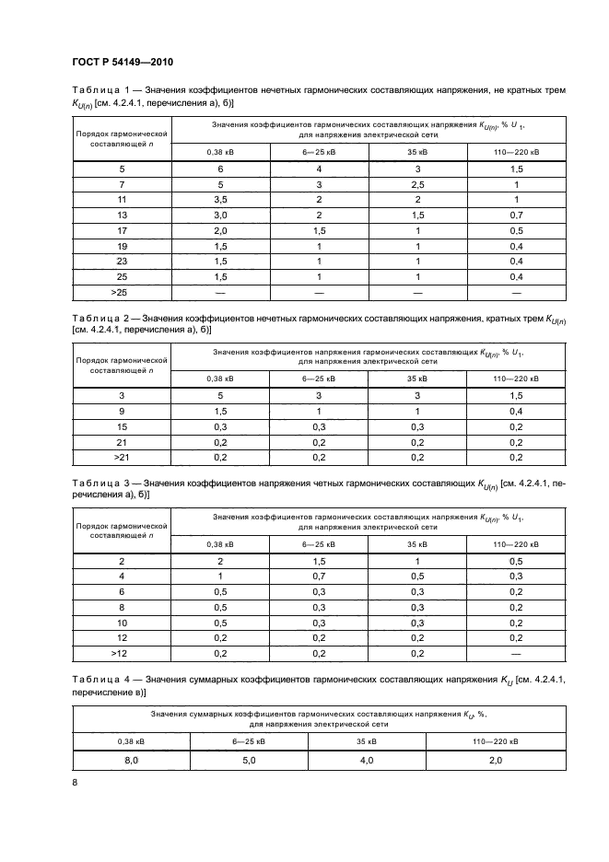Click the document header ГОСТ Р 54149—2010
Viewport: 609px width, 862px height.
tap(123, 62)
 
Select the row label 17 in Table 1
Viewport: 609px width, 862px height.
tap(122, 230)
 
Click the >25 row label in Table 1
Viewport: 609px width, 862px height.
tap(122, 292)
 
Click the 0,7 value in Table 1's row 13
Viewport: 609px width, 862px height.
tap(517, 215)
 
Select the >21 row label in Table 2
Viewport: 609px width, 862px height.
tap(122, 457)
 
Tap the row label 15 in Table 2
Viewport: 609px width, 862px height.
tap(122, 426)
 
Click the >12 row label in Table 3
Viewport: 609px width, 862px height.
tap(122, 653)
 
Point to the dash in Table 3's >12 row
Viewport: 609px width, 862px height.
tap(517, 653)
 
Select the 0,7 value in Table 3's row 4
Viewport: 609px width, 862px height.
tap(320, 576)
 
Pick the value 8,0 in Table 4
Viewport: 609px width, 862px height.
tap(132, 760)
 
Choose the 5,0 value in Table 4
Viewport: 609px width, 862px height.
tap(250, 760)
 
